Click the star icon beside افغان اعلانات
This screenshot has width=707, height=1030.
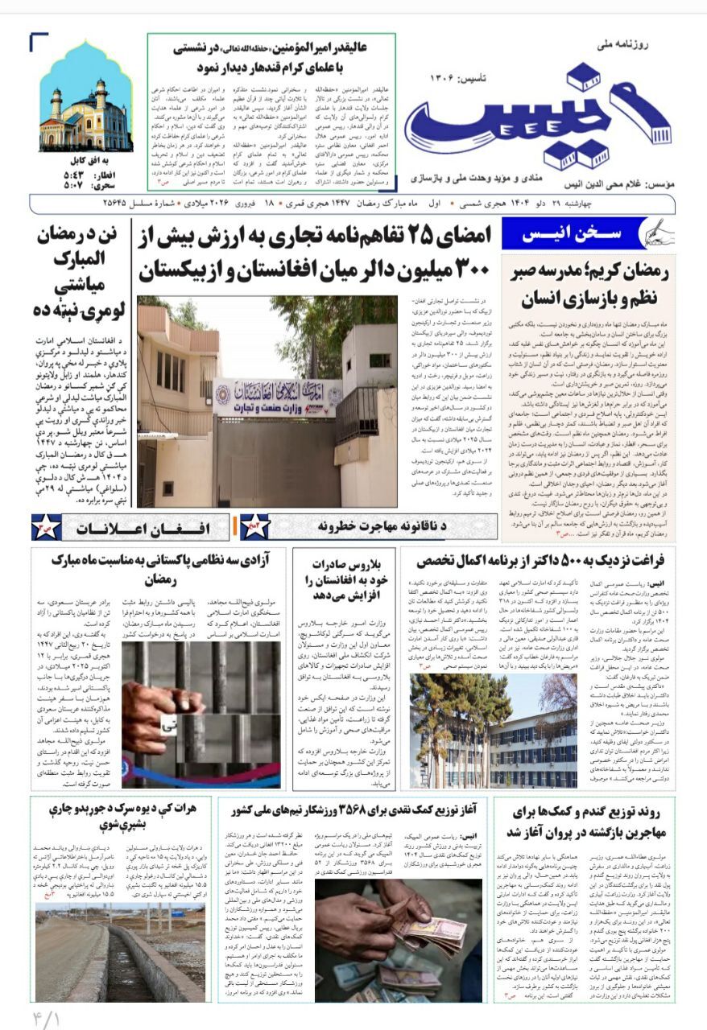coord(47,528)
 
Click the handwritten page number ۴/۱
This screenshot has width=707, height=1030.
coord(47,1016)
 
